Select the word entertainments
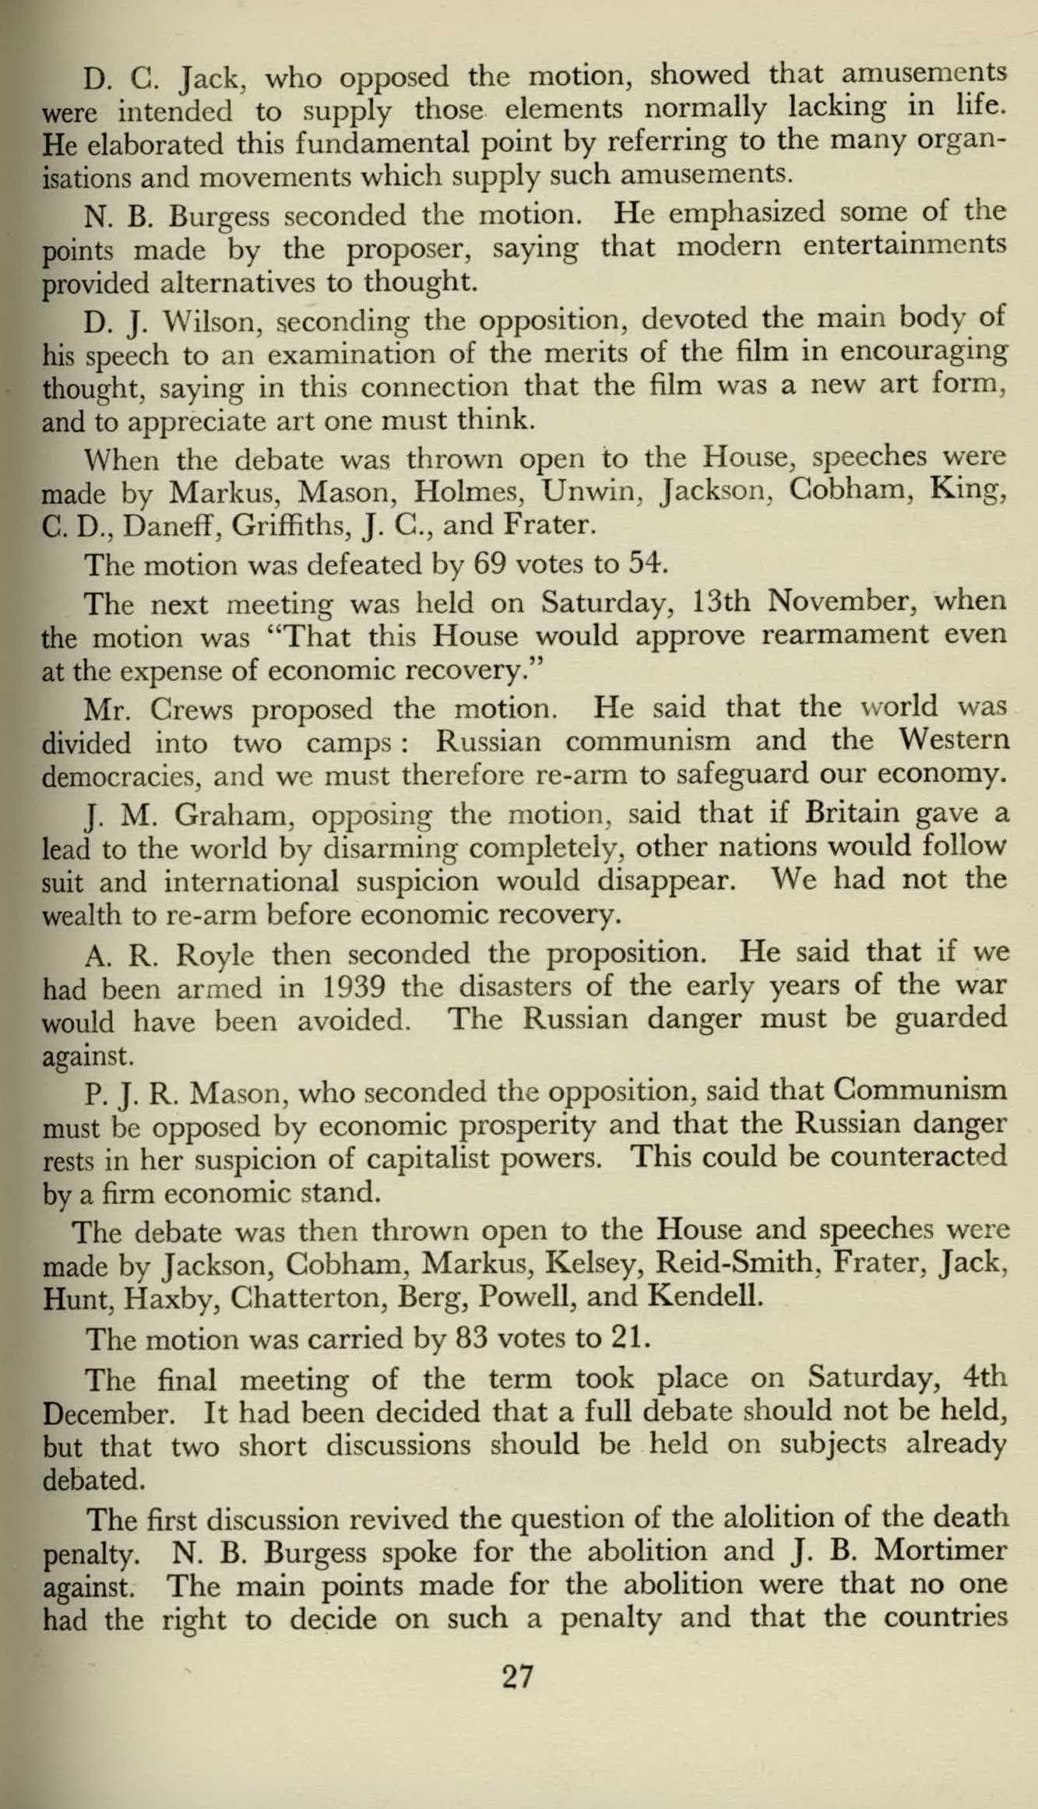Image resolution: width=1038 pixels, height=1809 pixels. tap(904, 246)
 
